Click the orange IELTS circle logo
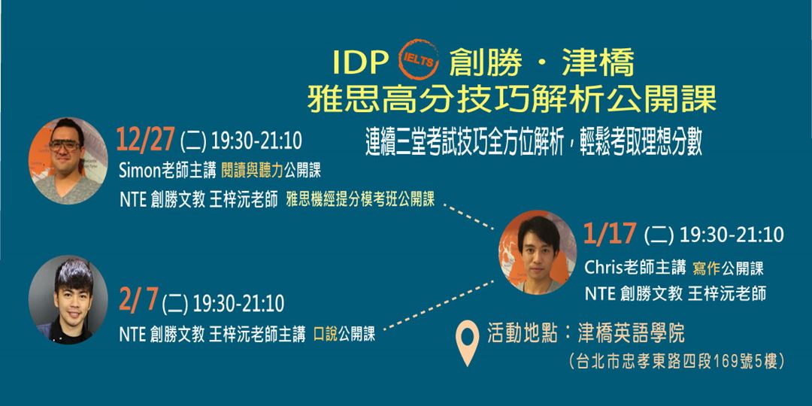point(419,59)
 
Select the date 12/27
point(146,139)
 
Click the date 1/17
point(610,234)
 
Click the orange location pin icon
point(467,342)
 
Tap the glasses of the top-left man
point(65,146)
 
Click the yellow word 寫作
point(706,268)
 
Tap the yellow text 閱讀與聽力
point(252,171)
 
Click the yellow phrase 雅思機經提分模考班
point(338,200)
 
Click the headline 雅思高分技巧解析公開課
point(512,98)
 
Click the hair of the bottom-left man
point(73,274)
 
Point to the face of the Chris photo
point(538,252)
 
